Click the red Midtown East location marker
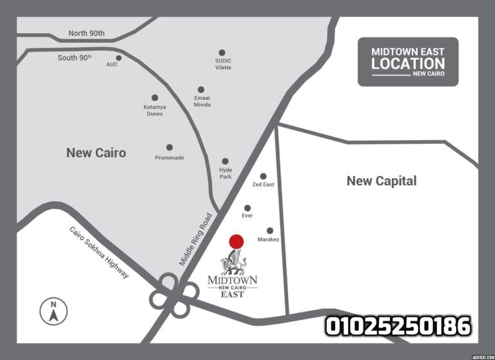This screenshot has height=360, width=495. [237, 242]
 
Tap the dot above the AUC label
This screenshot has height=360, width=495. [119, 57]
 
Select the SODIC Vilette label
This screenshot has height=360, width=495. [223, 65]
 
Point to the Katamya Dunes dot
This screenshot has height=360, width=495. [155, 98]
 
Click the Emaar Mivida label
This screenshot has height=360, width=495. [202, 102]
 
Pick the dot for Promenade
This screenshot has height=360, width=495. [170, 147]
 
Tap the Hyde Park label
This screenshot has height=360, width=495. [225, 173]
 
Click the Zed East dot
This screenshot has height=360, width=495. [263, 176]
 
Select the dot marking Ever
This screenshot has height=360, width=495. [247, 208]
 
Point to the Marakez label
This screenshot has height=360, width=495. [268, 239]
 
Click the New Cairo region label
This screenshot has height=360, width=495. [96, 153]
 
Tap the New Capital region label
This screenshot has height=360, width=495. [382, 181]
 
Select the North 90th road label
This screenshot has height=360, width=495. [86, 34]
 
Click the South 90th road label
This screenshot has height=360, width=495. [75, 57]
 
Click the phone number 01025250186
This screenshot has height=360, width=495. [398, 326]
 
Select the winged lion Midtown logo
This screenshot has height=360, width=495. [233, 263]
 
